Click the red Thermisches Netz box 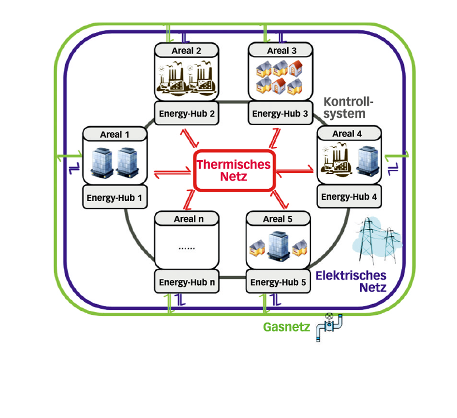235,170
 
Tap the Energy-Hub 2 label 187,114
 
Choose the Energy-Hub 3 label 280,114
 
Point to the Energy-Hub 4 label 349,196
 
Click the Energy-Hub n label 187,282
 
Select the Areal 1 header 115,134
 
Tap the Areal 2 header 186,51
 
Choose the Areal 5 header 278,219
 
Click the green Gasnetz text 286,327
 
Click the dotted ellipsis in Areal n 186,248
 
